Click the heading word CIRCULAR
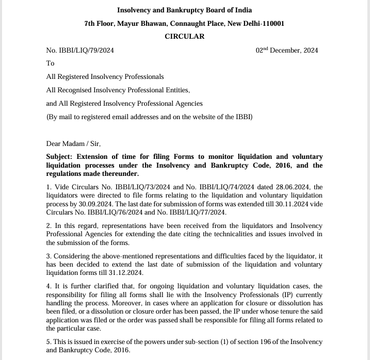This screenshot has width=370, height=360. [x=184, y=36]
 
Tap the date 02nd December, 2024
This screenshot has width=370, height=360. [x=287, y=50]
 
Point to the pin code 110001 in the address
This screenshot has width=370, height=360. [x=271, y=23]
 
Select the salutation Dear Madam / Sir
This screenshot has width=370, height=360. [x=73, y=144]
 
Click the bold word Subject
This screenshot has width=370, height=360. [x=60, y=157]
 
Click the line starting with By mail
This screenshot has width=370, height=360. [x=149, y=117]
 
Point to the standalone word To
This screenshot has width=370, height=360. [x=50, y=63]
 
